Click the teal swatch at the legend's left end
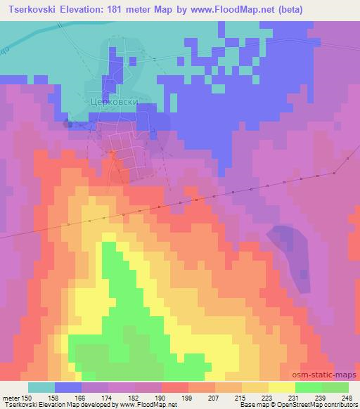41,387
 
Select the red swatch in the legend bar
175,387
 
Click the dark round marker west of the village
68,124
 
